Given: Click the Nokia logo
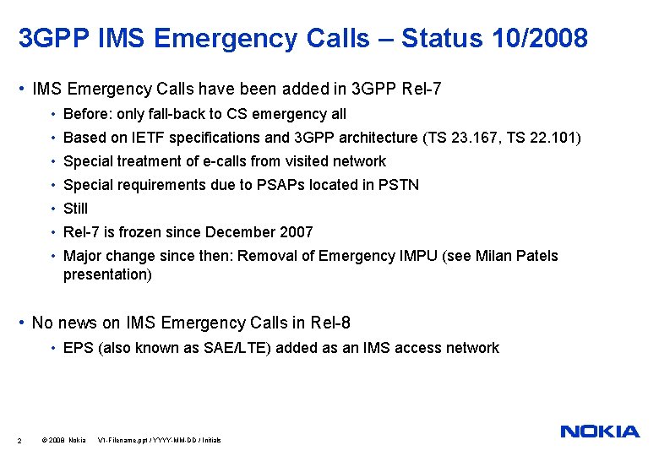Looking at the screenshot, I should [x=600, y=432].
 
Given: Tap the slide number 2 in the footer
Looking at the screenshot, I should [x=19, y=440].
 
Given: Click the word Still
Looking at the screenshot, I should [x=75, y=209].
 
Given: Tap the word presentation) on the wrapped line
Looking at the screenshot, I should [x=107, y=274].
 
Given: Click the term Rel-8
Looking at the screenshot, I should [x=330, y=323].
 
